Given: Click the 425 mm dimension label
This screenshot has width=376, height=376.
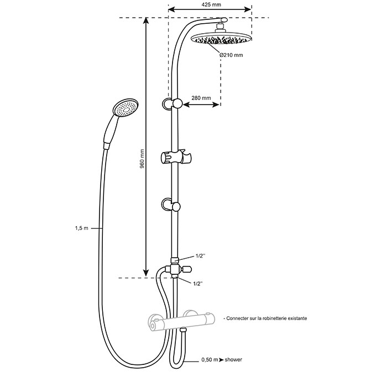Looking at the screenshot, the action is pyautogui.click(x=211, y=4).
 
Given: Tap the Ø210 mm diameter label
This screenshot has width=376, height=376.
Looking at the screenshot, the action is pyautogui.click(x=231, y=55).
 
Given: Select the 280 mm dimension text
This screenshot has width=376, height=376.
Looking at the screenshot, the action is pyautogui.click(x=201, y=98).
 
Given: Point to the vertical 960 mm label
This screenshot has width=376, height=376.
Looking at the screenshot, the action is pyautogui.click(x=142, y=159).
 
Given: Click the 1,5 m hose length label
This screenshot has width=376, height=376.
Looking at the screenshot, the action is pyautogui.click(x=82, y=228).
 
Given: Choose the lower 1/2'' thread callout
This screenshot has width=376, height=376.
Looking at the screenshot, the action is pyautogui.click(x=198, y=284).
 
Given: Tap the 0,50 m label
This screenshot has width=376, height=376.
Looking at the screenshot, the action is pyautogui.click(x=210, y=360).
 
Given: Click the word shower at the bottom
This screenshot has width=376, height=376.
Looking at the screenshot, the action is pyautogui.click(x=233, y=360).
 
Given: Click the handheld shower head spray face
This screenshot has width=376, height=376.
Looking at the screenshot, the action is pyautogui.click(x=126, y=108).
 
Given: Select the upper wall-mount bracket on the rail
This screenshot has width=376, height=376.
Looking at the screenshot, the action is pyautogui.click(x=172, y=103).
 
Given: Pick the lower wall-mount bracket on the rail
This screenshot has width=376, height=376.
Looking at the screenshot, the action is pyautogui.click(x=171, y=205).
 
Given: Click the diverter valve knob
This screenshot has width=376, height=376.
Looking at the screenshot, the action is pyautogui.click(x=186, y=269).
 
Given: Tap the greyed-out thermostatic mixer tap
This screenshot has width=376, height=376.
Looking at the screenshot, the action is pyautogui.click(x=181, y=320).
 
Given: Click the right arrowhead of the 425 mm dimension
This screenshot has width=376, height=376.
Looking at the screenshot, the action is pyautogui.click(x=248, y=9).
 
